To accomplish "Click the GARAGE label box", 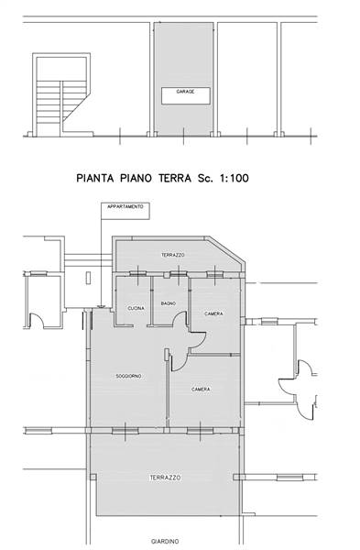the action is click(x=185, y=95).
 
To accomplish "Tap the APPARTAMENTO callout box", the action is click(x=125, y=211).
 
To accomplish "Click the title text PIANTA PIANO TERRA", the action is click(x=134, y=178).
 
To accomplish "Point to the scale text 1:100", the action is click(x=234, y=178).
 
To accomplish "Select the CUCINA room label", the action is click(x=136, y=308).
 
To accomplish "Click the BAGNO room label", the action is click(x=169, y=303).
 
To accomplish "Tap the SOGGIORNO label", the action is click(x=128, y=376).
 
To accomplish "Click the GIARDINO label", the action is click(x=165, y=541).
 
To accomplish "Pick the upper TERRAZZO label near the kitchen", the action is click(x=173, y=255).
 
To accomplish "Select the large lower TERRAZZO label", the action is click(x=165, y=478).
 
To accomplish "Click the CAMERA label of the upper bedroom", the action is click(x=213, y=313).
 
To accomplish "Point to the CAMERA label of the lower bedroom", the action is click(x=201, y=390).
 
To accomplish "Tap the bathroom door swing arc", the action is click(x=180, y=318).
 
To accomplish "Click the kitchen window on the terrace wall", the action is click(x=137, y=274).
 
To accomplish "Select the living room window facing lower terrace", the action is click(x=125, y=431).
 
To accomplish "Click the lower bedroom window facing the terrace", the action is click(x=201, y=431).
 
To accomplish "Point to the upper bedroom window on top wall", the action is click(x=214, y=274).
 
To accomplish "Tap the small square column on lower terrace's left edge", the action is click(x=93, y=478).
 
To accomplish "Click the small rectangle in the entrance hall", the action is click(x=88, y=278).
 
